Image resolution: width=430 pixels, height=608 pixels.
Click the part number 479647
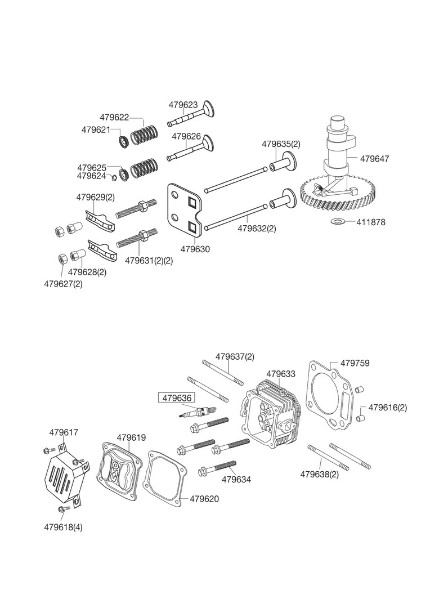374,159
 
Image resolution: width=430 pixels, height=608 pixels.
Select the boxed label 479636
177,397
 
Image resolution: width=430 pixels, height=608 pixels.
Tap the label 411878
370,222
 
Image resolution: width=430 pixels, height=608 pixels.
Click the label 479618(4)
64,527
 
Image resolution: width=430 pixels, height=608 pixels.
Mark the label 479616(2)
387,407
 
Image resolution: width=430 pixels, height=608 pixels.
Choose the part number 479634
236,480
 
